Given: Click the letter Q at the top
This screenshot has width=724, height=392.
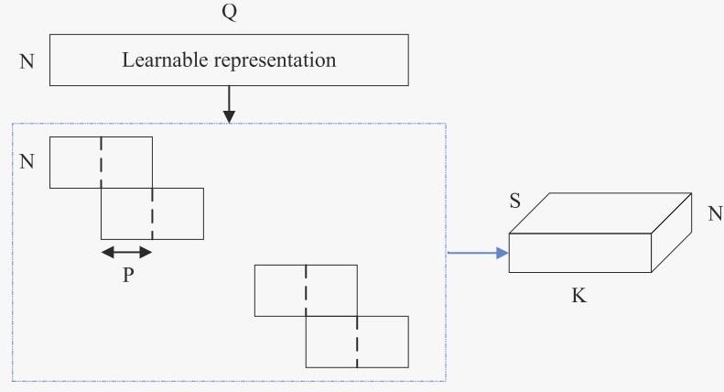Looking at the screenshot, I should tap(229, 13).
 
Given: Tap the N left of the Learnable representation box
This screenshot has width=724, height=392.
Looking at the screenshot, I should tap(27, 62).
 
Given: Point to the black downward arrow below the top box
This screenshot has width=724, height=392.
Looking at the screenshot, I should tap(229, 104).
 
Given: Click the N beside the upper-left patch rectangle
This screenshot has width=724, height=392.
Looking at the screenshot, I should tap(27, 162).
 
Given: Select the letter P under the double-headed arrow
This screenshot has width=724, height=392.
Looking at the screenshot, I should tap(127, 275).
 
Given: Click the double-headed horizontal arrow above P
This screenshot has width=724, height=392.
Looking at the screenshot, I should tap(126, 252).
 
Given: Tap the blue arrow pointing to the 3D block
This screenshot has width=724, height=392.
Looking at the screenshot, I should tap(477, 253).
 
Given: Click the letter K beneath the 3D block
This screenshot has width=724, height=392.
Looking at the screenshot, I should tap(578, 297).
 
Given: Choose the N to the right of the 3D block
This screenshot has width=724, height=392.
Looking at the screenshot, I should tap(714, 213).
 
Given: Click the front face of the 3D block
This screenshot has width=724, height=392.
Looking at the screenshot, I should tap(579, 253).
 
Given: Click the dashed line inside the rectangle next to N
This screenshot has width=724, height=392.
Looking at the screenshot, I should tap(101, 162).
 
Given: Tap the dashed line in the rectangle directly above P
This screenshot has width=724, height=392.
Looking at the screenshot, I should tap(152, 213).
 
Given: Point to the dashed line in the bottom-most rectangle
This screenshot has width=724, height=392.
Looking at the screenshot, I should tap(357, 342).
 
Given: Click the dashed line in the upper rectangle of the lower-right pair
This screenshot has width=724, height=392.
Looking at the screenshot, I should tap(306, 290).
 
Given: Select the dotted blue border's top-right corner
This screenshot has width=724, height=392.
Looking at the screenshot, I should tap(445, 124).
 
